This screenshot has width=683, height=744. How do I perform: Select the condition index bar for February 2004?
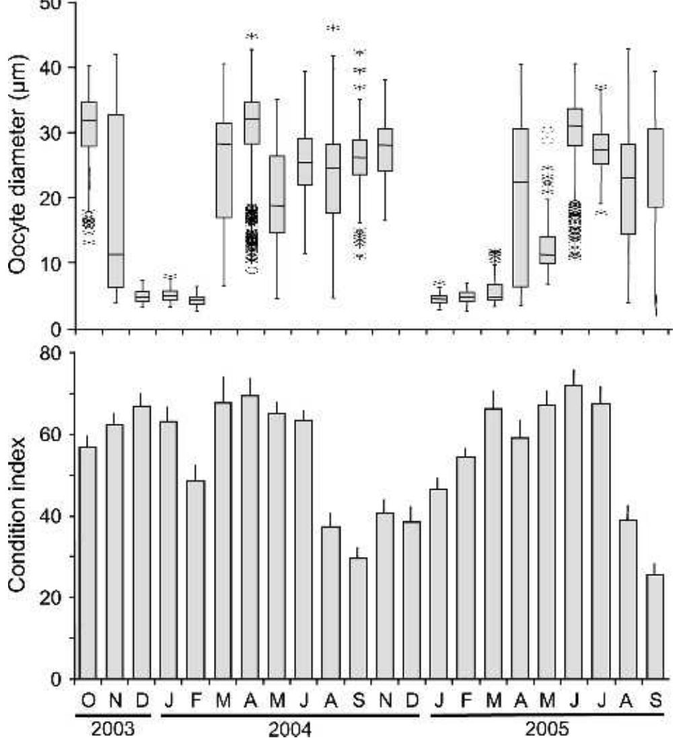[x=196, y=579]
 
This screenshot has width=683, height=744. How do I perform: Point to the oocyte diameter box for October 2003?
[x=88, y=124]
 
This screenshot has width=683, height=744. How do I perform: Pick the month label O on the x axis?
[x=88, y=700]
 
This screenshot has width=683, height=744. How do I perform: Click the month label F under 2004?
[x=196, y=700]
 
